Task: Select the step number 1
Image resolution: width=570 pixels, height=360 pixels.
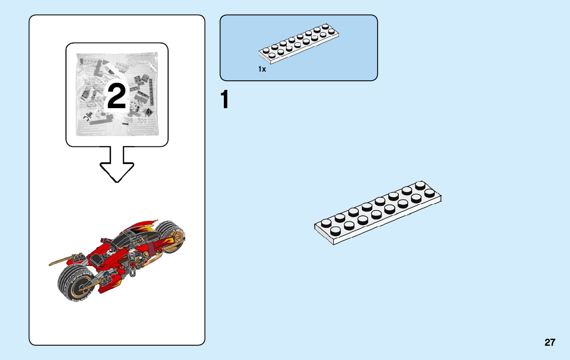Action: tap(224, 100)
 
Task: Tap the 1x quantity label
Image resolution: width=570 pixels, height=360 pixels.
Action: tap(262, 69)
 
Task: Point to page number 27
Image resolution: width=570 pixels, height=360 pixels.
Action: tap(550, 342)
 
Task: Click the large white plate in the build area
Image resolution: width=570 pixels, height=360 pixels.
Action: tap(378, 213)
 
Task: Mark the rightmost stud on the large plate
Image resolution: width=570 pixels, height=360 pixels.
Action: tap(430, 192)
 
